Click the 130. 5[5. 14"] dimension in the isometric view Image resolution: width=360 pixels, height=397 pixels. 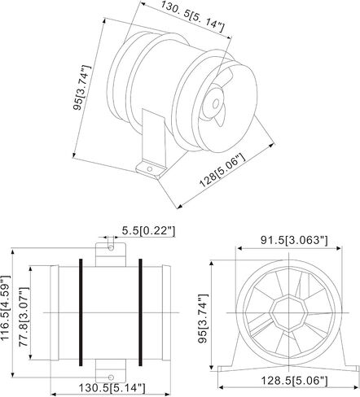(x=193, y=16)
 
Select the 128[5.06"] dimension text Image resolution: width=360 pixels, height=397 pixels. (x=222, y=171)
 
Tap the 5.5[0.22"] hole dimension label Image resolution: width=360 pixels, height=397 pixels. (x=148, y=231)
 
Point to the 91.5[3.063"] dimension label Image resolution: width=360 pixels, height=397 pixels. (x=294, y=240)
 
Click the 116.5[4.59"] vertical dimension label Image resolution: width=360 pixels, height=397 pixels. (x=6, y=308)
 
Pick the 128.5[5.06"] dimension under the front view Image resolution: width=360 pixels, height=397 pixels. (x=294, y=381)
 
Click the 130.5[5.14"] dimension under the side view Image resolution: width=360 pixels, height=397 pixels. (x=112, y=388)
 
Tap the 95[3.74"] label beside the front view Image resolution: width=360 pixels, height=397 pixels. (x=203, y=318)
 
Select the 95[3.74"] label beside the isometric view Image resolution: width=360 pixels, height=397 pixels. (x=81, y=87)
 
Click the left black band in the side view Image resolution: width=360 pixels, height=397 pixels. (x=81, y=312)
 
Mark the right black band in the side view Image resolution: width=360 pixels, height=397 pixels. (x=140, y=312)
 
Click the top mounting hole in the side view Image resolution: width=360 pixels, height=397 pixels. (x=111, y=248)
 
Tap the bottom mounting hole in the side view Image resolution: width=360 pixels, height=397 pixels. (x=111, y=377)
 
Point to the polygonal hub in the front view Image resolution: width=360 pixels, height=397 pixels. (x=288, y=313)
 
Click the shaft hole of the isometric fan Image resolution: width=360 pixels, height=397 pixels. (x=216, y=103)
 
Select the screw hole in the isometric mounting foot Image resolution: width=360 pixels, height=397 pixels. (x=150, y=169)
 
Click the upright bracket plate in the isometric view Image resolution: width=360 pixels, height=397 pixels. (x=154, y=137)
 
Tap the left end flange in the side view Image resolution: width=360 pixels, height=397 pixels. (x=55, y=313)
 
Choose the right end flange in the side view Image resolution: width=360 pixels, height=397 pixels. (x=166, y=313)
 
